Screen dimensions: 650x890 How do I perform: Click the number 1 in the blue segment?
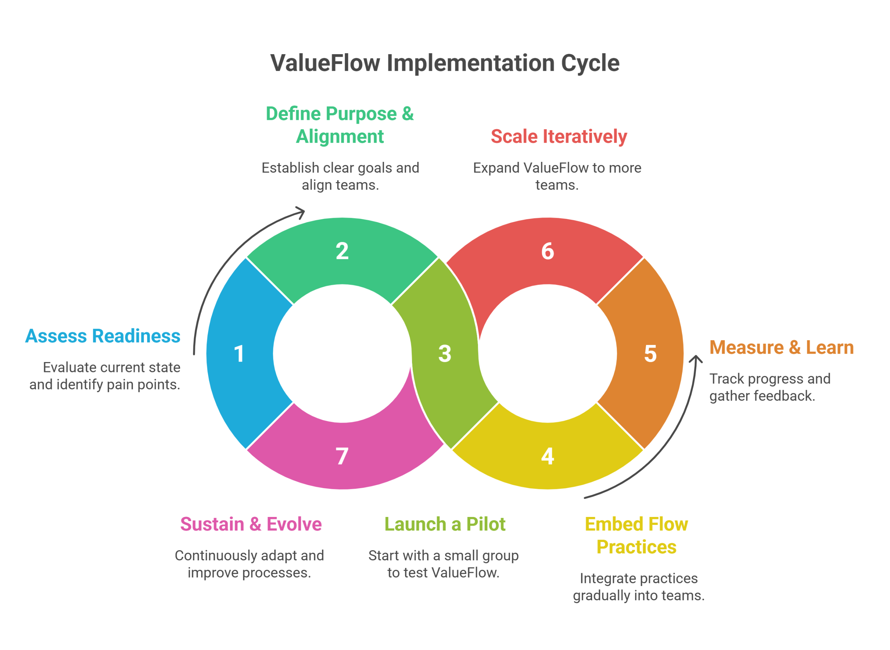[x=239, y=354]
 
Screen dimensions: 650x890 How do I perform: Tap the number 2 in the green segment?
[x=342, y=251]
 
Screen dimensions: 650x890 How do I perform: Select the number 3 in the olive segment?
[x=445, y=354]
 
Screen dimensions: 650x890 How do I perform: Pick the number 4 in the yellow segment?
[x=548, y=456]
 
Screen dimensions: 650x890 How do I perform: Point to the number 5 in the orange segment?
[x=650, y=354]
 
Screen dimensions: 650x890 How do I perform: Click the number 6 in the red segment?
[x=548, y=251]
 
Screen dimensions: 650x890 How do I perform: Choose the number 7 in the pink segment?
[x=342, y=456]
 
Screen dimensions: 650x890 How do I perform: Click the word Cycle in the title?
[x=590, y=63]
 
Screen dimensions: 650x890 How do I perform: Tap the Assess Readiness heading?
[x=103, y=336]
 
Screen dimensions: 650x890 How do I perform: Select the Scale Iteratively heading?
[x=559, y=137]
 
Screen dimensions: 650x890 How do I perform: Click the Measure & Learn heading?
[x=782, y=348]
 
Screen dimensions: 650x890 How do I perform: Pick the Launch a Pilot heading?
[x=445, y=525]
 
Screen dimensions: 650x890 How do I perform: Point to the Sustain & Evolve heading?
[x=251, y=525]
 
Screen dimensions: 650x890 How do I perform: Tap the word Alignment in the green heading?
[x=340, y=137]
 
